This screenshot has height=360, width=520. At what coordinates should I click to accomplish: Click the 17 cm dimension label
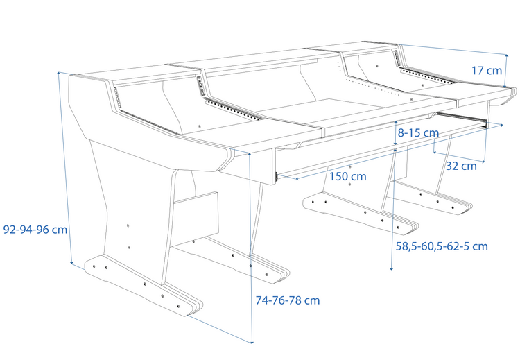(486, 70)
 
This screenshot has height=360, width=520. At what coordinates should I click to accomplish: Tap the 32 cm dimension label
(460, 166)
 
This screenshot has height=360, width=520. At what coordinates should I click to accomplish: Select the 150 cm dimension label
(347, 176)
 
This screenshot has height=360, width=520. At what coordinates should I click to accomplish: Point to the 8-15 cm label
(418, 132)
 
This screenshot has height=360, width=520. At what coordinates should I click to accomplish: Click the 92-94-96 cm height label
(35, 230)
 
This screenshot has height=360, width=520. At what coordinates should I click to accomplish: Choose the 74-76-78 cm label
(288, 300)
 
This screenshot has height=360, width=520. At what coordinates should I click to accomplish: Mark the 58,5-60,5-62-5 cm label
(441, 246)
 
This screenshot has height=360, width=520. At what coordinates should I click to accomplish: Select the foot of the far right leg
(430, 200)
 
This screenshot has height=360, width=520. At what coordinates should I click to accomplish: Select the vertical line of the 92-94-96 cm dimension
(66, 166)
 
